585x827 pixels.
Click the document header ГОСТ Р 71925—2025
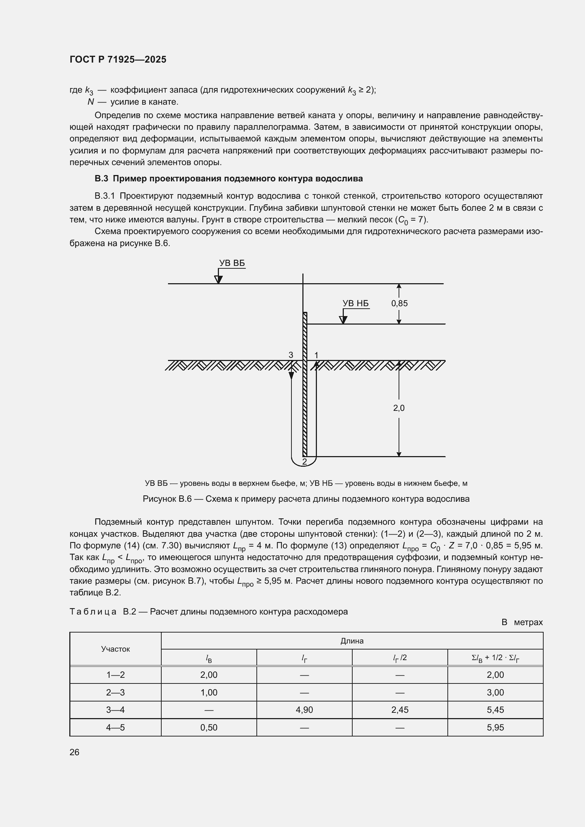118,59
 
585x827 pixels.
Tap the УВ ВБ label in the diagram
232,263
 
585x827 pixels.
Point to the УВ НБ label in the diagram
355,303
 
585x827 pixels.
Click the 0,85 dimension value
399,303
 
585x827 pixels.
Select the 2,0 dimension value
399,408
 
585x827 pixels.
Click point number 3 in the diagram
291,355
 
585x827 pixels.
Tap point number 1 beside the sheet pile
316,355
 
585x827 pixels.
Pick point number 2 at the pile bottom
305,461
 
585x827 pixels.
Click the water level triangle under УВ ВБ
218,280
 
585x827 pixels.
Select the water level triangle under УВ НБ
343,320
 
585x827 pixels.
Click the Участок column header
115,649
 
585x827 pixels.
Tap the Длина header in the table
352,641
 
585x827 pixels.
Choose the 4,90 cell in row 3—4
305,710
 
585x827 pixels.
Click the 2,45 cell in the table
400,710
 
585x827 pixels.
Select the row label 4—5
115,727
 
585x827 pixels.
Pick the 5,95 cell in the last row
495,727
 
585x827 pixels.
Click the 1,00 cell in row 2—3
209,692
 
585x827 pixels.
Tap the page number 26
75,752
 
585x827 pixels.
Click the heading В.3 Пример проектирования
229,179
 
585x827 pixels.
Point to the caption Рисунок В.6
306,499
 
